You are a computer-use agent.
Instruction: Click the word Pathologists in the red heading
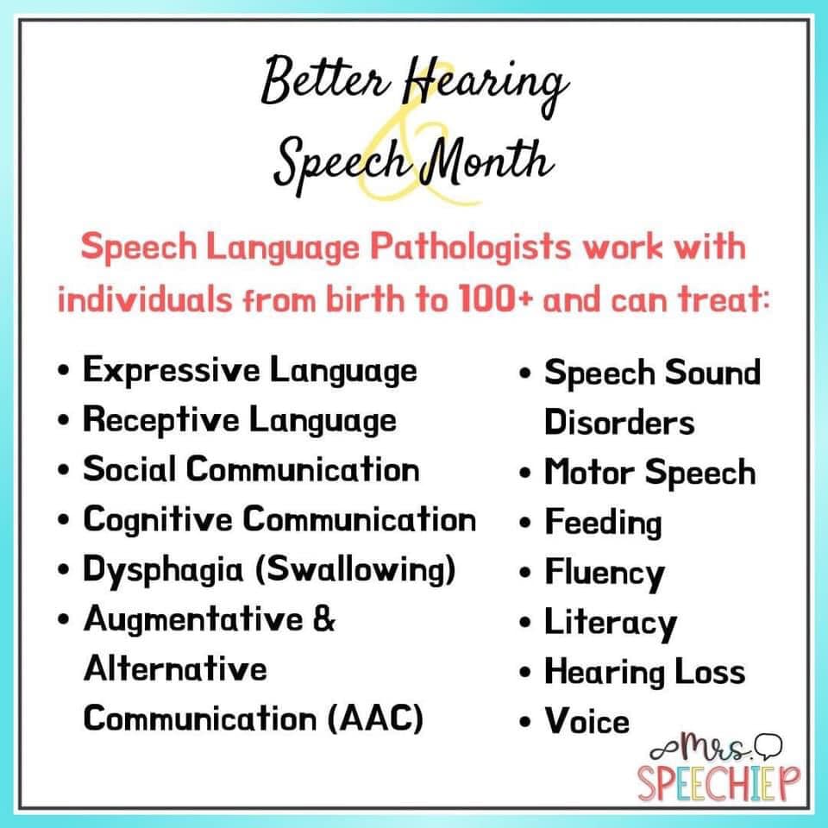tap(470, 248)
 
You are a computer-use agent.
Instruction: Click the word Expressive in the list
tap(171, 370)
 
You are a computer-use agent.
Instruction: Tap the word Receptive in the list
tap(160, 420)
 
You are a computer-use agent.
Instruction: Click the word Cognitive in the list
tap(157, 519)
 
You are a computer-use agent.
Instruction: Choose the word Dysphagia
tap(163, 570)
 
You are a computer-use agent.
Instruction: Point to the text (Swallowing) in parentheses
tap(355, 570)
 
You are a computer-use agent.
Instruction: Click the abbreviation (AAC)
tap(375, 718)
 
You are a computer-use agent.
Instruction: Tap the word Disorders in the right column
tap(619, 423)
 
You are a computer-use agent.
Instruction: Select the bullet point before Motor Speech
tap(524, 473)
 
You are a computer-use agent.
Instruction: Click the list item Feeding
tap(603, 523)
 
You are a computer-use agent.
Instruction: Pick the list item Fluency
tap(605, 574)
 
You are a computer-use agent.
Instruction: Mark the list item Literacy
tap(611, 623)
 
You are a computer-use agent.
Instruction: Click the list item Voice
tap(587, 721)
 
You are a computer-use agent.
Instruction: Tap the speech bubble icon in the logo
tap(768, 745)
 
